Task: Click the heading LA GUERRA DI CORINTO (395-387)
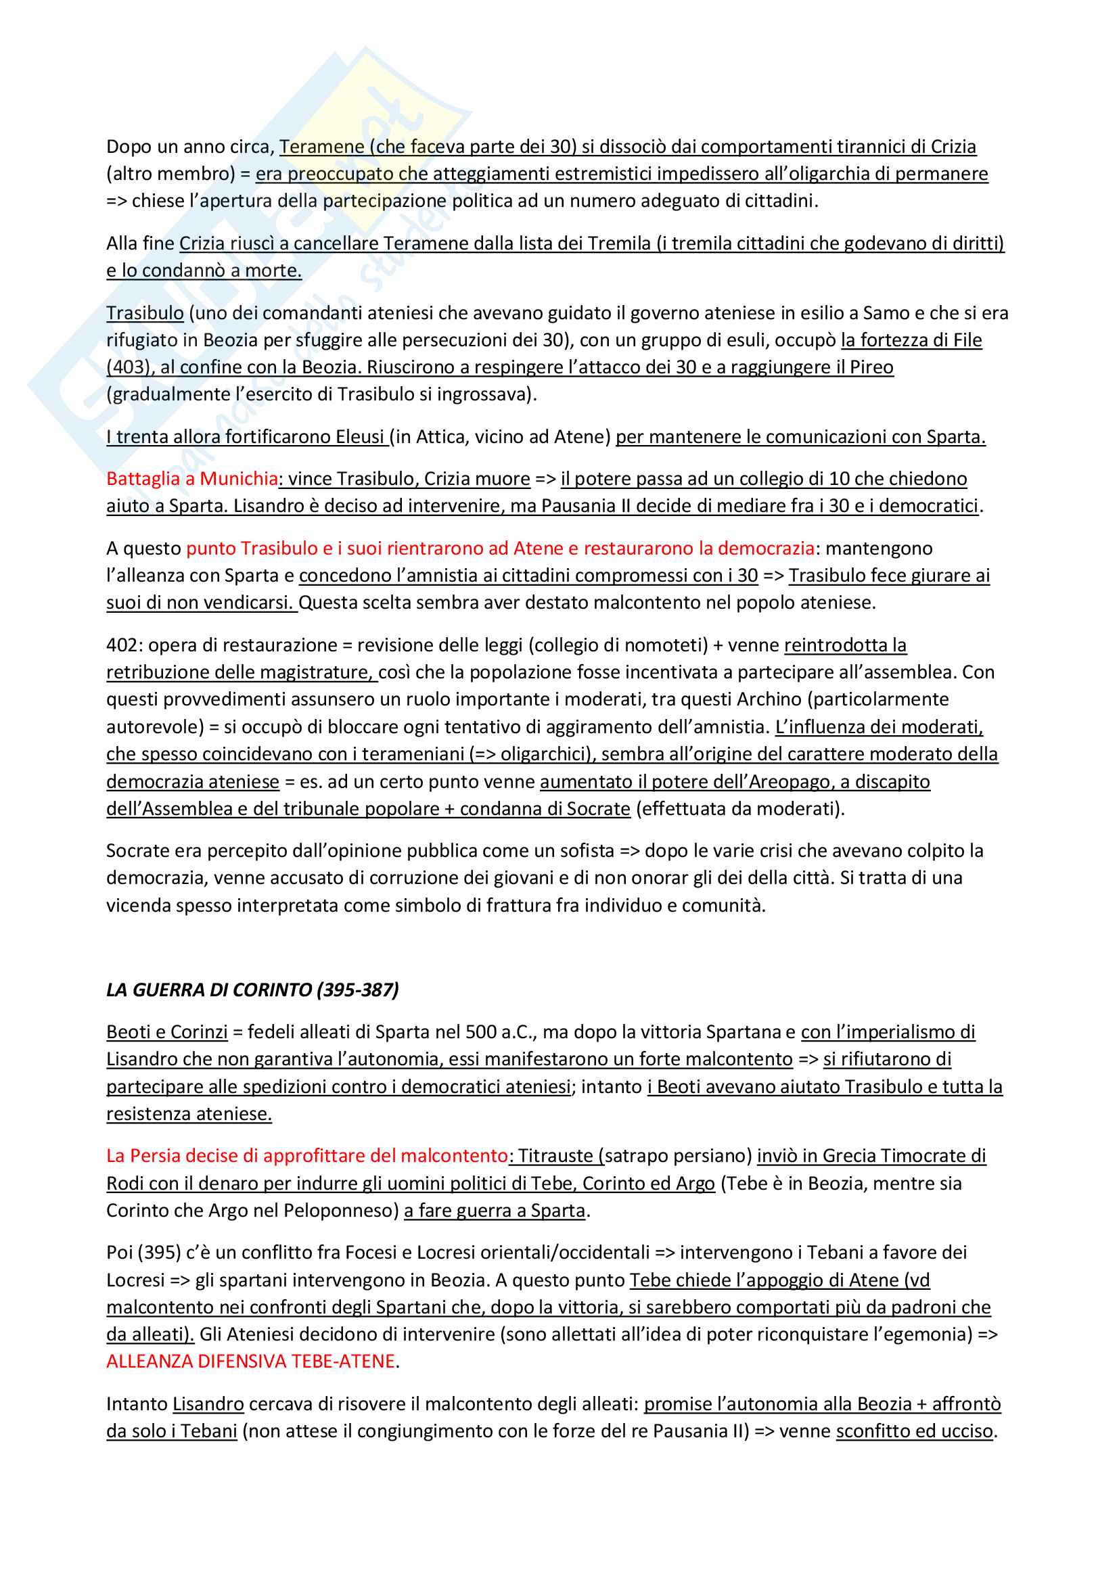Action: [252, 990]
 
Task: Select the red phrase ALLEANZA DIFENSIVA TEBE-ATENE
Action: [251, 1361]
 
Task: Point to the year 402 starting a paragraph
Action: [121, 645]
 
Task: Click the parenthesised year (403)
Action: [128, 367]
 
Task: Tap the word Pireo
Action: [871, 367]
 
